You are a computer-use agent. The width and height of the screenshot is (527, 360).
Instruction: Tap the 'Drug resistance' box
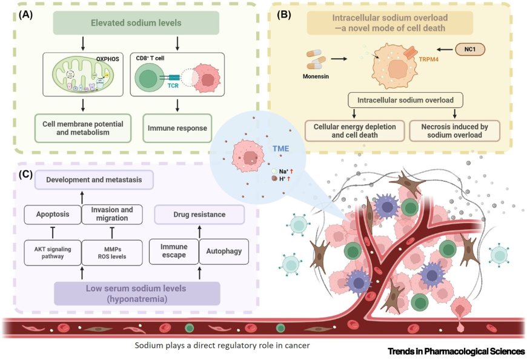[x=199, y=215]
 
